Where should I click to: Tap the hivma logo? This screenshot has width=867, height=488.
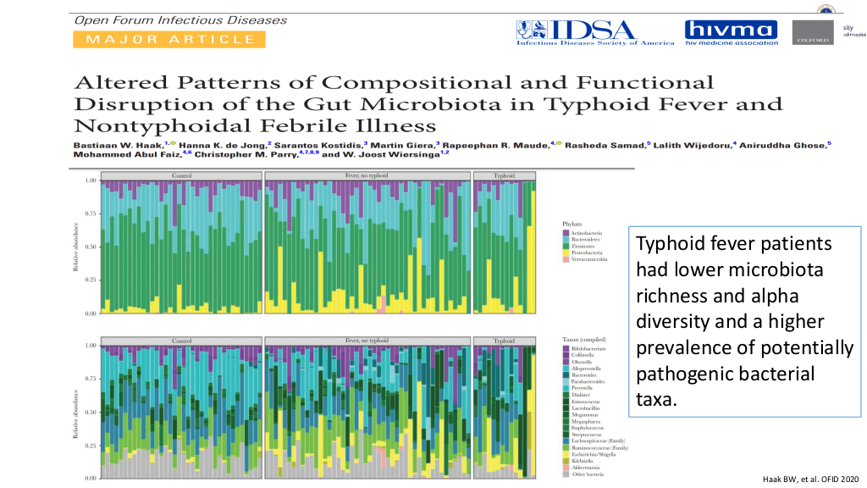[731, 32]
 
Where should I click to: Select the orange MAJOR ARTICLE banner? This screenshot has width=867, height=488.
[170, 39]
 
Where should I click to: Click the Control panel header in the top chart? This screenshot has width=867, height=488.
[181, 176]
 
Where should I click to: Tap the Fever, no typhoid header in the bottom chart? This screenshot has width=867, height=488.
[367, 341]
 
